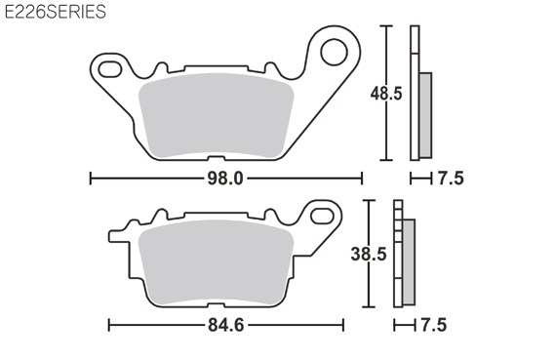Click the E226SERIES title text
56,12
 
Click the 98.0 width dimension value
225,179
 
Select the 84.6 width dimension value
226,325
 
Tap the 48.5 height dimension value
386,94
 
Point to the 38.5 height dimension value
369,254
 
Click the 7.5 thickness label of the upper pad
451,179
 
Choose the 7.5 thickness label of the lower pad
434,325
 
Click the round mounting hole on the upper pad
334,52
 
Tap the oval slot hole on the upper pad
110,69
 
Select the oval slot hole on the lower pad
322,216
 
